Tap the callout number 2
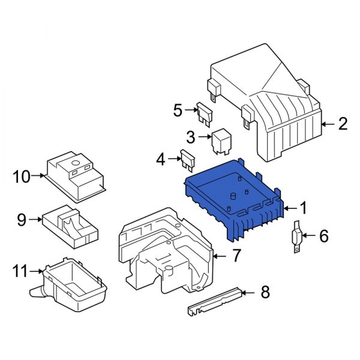tap(342, 124)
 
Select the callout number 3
tap(191, 137)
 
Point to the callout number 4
tap(160, 159)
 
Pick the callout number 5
tap(177, 110)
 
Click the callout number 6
tap(323, 236)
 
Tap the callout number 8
tap(265, 293)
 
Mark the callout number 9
tap(22, 220)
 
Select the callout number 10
tap(21, 176)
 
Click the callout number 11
tap(20, 271)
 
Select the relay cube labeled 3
tap(220, 140)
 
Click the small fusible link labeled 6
tap(296, 237)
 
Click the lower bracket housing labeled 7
tap(168, 252)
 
